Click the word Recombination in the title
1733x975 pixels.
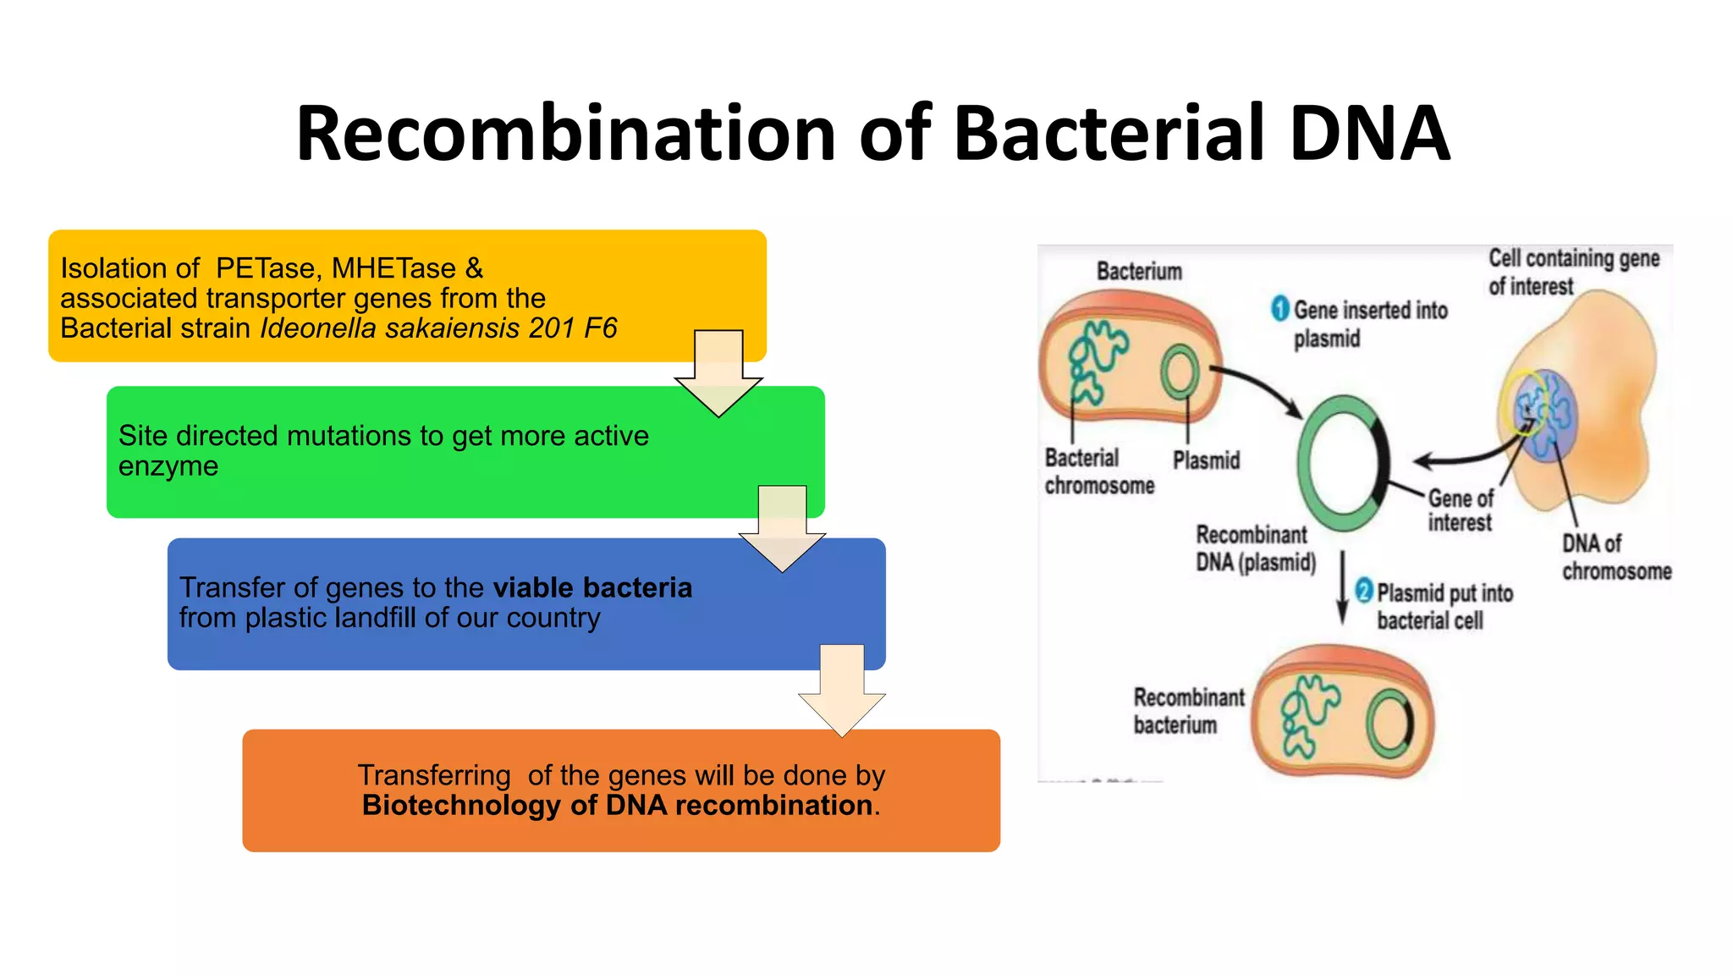[x=565, y=134]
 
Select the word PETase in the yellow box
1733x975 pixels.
[x=266, y=268]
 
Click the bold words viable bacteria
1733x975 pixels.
[x=592, y=587]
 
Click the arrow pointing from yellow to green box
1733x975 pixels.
[x=718, y=372]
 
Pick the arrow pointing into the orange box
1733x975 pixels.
[x=842, y=690]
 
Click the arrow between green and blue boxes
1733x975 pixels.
[x=782, y=528]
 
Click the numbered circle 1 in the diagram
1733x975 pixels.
[x=1280, y=309]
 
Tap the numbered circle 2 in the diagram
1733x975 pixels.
[x=1363, y=590]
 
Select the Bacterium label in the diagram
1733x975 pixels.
[x=1139, y=272]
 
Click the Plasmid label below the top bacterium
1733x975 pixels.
[x=1206, y=460]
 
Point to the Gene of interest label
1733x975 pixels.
[x=1461, y=510]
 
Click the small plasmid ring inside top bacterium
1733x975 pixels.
[x=1179, y=373]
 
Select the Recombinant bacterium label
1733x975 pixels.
[x=1188, y=711]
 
